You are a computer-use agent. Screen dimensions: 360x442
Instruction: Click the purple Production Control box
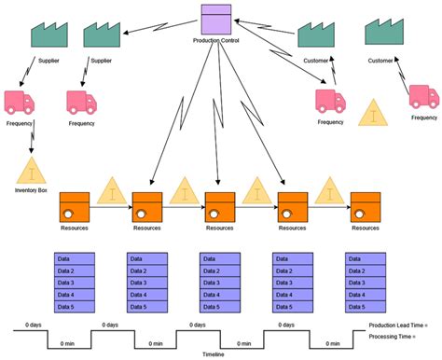click(216, 21)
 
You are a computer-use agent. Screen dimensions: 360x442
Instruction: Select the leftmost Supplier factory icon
click(50, 35)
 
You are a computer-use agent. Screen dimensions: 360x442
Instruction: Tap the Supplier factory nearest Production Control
click(103, 35)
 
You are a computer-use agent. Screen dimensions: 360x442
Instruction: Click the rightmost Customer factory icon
click(385, 34)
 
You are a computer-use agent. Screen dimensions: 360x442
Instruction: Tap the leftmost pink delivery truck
click(21, 102)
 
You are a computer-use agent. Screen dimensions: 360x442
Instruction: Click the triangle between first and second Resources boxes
click(112, 192)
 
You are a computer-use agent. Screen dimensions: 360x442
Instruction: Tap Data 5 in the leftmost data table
click(75, 306)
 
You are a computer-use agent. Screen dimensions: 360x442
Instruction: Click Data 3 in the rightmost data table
click(366, 283)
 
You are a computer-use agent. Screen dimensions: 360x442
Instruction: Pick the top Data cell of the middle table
click(221, 259)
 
